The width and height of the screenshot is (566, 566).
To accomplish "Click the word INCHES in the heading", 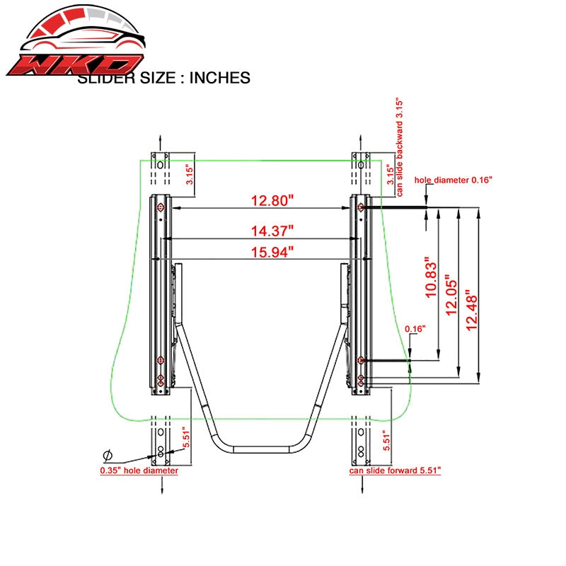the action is click(220, 78).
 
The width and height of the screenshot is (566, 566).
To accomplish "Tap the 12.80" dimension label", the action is click(272, 200).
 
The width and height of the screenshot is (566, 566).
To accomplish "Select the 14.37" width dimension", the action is click(272, 231).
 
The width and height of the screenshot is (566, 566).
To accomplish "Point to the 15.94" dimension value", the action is click(272, 252).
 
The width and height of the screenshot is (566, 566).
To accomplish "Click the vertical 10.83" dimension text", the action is click(431, 277).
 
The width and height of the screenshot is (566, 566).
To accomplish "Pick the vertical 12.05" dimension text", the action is click(451, 295).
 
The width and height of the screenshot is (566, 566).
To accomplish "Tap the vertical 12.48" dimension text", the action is click(471, 310).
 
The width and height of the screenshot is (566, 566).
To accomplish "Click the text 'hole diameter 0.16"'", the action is click(454, 180).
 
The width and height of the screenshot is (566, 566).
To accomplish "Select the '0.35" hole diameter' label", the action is click(139, 470).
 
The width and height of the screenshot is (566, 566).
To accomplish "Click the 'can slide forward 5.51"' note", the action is click(395, 470).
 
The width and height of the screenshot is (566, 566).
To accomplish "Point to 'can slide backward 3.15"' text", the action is click(399, 146).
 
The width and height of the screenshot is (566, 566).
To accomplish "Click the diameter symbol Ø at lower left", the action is click(108, 456).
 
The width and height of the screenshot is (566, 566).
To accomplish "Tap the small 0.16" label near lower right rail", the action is click(415, 329).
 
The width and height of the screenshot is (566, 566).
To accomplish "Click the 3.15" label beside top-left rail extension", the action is click(190, 175).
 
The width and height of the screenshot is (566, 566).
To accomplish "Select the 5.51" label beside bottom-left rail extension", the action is click(186, 437).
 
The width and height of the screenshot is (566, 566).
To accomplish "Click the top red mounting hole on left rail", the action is click(160, 207).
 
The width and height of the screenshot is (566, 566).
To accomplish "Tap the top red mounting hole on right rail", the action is click(360, 207).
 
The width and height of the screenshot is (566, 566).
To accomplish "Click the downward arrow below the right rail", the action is click(362, 485).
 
